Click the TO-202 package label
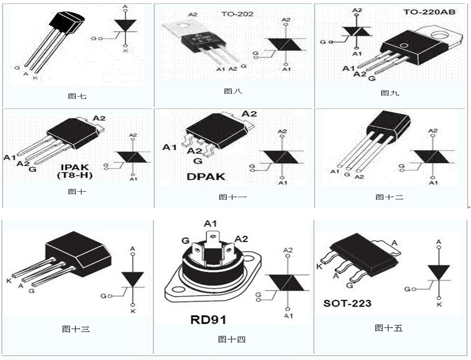[x=237, y=14]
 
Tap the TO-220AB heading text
[x=429, y=12]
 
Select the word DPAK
[x=206, y=176]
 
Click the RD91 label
[x=208, y=320]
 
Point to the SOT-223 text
[x=347, y=303]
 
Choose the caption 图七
[x=77, y=96]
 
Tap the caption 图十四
[x=232, y=339]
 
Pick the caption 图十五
[x=388, y=328]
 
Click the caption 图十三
[x=76, y=329]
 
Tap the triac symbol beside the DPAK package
[x=282, y=157]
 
